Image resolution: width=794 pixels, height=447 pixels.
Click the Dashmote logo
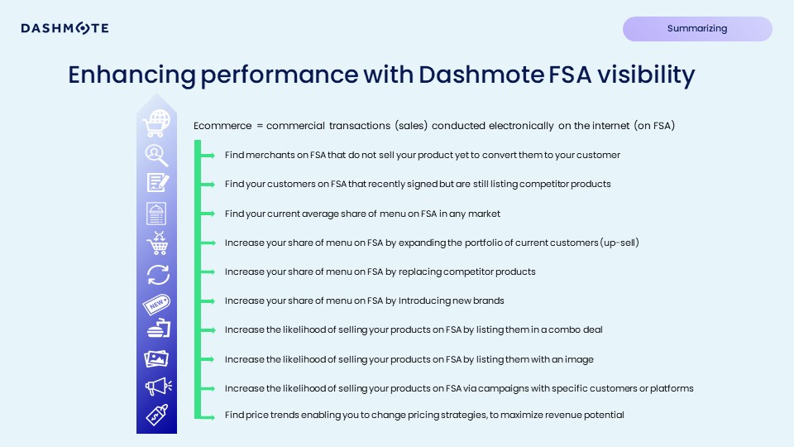pos(65,29)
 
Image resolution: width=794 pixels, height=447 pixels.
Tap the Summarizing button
pos(697,29)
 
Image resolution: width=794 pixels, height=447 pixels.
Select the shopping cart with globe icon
pos(156,124)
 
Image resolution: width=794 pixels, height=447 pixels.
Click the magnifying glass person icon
pos(156,155)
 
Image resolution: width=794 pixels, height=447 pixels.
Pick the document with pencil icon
pos(156,183)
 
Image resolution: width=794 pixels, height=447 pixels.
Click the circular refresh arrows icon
pos(156,274)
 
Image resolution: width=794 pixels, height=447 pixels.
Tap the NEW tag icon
pos(156,303)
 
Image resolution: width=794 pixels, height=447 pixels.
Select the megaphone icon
pos(156,387)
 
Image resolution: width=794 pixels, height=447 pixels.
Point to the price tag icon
pos(156,416)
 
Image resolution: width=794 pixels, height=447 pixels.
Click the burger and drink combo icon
pos(156,329)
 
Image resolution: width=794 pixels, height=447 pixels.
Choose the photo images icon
pos(156,358)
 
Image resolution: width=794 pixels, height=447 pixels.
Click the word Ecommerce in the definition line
pos(221,126)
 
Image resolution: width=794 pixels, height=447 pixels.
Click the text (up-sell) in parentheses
pos(617,243)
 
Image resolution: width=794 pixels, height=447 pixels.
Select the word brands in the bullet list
pos(489,300)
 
